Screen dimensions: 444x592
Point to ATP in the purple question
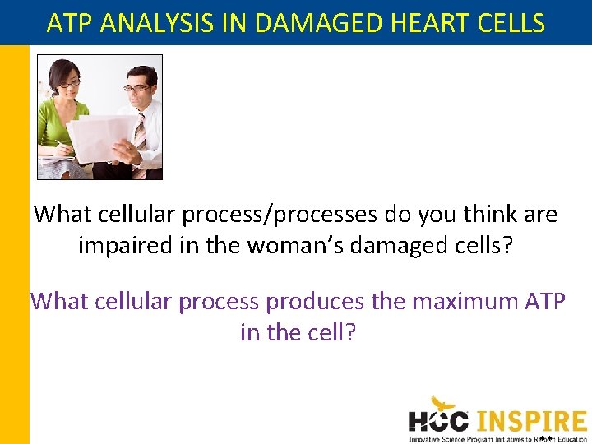544,302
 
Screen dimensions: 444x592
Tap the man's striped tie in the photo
140,136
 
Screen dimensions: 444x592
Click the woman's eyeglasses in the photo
69,84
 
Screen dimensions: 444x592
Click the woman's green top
51,123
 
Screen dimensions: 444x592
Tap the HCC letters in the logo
439,420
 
